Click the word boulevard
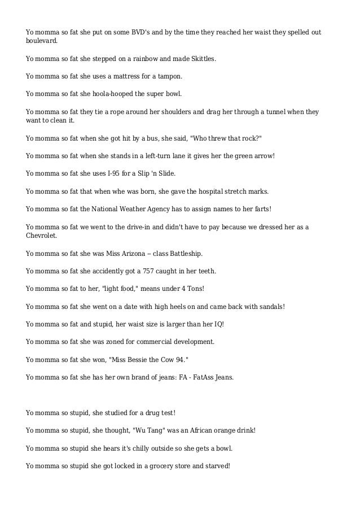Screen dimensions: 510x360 click(x=41, y=41)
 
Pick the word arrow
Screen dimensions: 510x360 click(x=262, y=156)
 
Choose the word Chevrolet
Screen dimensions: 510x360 click(x=41, y=236)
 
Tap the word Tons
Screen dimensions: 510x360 click(x=192, y=289)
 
